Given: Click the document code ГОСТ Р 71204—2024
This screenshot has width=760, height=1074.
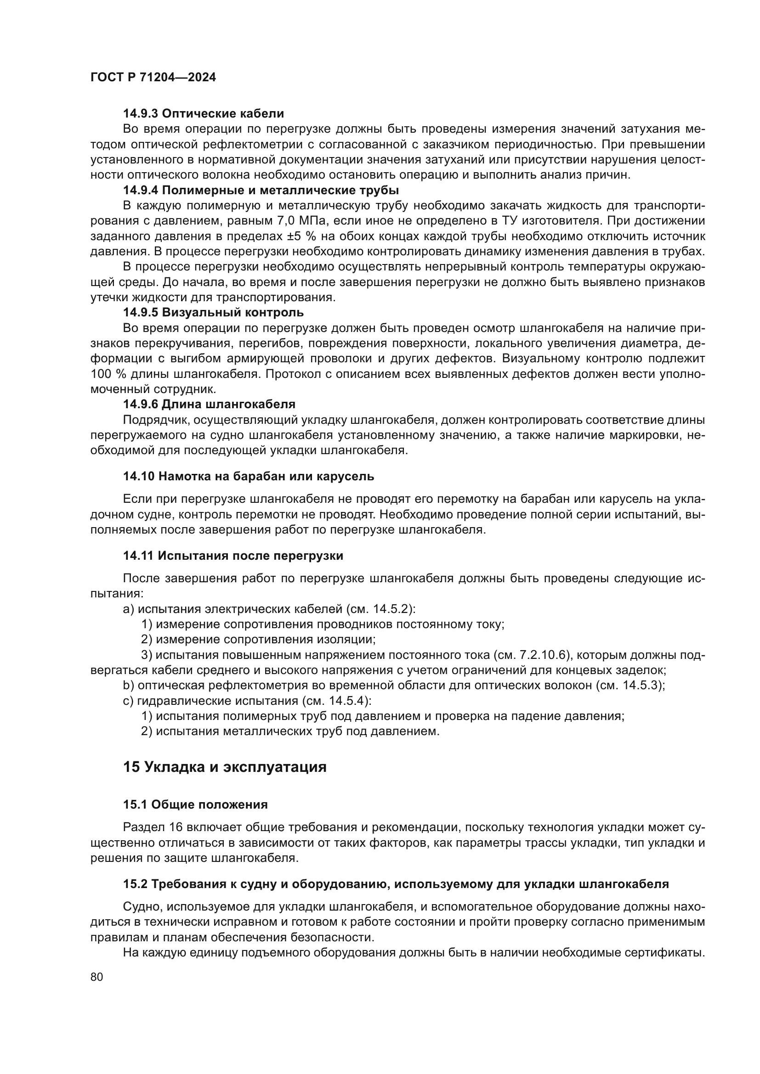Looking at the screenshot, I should pos(153,78).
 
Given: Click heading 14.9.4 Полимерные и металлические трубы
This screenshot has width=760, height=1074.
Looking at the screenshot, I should pos(261,191).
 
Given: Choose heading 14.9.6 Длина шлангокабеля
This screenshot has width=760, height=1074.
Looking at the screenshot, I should pos(209,404).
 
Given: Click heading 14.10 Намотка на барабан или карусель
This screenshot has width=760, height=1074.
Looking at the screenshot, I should pos(249,476).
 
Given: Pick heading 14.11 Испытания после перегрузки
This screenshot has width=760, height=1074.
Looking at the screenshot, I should pos(233,556).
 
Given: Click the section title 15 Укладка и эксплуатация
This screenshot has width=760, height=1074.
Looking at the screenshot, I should pos(225,767).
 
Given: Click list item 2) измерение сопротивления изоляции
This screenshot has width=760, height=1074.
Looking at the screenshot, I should pos(258,640).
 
